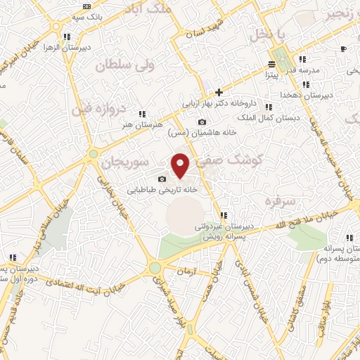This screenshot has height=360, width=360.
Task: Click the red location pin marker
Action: pyautogui.click(x=181, y=166)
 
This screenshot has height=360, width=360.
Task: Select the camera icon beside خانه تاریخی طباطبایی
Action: pyautogui.click(x=162, y=179)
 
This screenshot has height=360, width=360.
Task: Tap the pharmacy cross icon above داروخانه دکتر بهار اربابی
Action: pyautogui.click(x=219, y=92)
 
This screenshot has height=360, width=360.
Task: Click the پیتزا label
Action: pyautogui.click(x=271, y=72)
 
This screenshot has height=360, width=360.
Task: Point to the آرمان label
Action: pyautogui.click(x=185, y=270)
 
